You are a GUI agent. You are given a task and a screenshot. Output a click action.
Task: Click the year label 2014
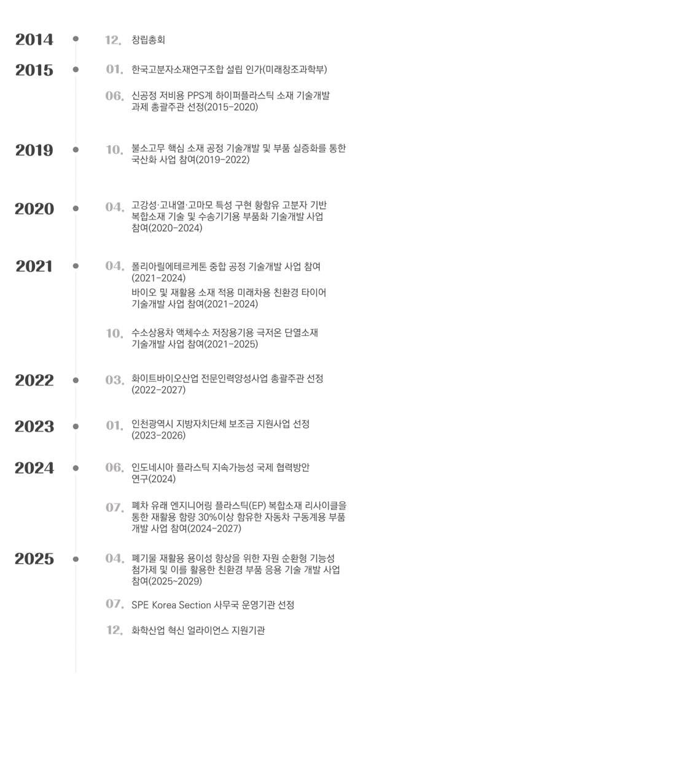point(34,40)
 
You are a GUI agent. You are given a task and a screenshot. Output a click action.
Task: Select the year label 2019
point(34,150)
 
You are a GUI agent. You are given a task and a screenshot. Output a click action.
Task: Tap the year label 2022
point(34,381)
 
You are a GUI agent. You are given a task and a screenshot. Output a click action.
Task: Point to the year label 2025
point(34,559)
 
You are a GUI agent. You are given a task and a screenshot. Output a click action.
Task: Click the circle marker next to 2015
point(76,69)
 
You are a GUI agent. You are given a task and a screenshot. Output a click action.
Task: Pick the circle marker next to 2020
point(76,209)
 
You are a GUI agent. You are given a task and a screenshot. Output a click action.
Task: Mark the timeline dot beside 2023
point(76,426)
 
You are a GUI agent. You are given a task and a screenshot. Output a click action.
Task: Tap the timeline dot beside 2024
point(76,468)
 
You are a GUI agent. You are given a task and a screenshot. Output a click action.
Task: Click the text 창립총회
point(148,41)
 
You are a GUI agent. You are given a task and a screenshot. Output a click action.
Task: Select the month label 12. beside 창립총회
point(114,41)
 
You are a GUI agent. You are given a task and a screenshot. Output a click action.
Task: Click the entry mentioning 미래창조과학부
point(229,70)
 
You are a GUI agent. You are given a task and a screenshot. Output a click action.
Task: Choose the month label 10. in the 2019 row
point(115,150)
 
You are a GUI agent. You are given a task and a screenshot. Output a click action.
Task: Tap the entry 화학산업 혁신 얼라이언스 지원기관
point(198,631)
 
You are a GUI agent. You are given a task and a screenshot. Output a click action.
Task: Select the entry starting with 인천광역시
point(220,430)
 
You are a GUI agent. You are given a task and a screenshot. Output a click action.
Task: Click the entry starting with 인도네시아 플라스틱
point(220,473)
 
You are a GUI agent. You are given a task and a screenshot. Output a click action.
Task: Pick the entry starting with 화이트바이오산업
point(227,384)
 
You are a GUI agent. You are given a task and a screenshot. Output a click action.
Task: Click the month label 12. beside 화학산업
point(115,631)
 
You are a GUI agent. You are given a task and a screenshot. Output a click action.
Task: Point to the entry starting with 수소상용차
point(225,339)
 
